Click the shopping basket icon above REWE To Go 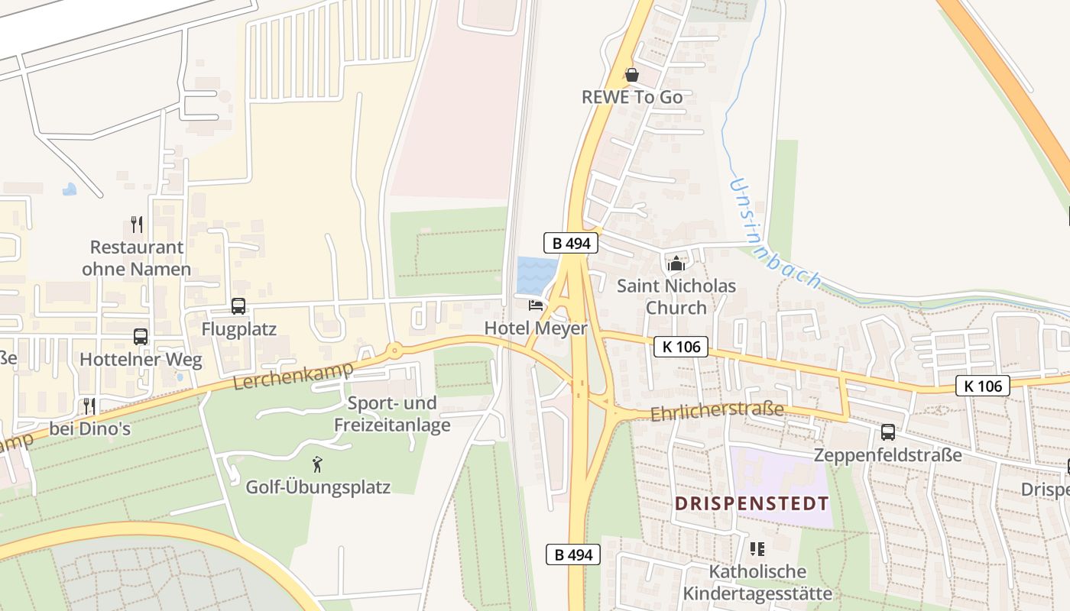632,75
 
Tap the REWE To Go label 632,98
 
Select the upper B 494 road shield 570,244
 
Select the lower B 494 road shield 573,554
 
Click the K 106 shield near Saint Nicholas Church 681,347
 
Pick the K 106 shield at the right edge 983,386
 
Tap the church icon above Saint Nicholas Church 676,264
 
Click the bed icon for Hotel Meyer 536,305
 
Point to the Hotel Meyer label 536,328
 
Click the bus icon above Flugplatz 238,306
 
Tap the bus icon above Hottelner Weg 141,337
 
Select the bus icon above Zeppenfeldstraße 888,432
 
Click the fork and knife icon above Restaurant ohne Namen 137,225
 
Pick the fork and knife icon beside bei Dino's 89,406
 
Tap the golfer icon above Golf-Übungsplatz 317,464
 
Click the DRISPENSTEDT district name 752,504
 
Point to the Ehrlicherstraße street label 717,412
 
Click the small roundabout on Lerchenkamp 394,351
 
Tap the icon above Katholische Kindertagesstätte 757,548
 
